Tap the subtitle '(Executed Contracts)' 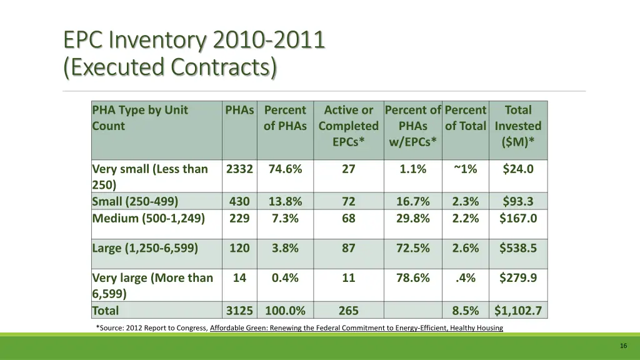click(169, 66)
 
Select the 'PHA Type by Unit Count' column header click(140, 118)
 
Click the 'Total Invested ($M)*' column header click(517, 126)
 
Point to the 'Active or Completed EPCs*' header click(348, 126)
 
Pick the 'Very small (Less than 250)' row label click(150, 176)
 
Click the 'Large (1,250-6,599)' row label click(145, 248)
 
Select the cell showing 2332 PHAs click(239, 169)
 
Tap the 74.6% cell click(285, 169)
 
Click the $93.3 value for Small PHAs click(517, 201)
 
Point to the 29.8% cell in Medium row click(412, 218)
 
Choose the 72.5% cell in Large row click(412, 248)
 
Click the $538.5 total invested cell click(517, 248)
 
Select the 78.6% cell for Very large click(412, 278)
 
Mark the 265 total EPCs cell click(348, 311)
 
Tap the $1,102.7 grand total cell click(517, 311)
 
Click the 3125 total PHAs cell click(239, 311)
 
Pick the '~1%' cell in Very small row click(465, 169)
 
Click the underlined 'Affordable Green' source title click(356, 328)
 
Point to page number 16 click(623, 346)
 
